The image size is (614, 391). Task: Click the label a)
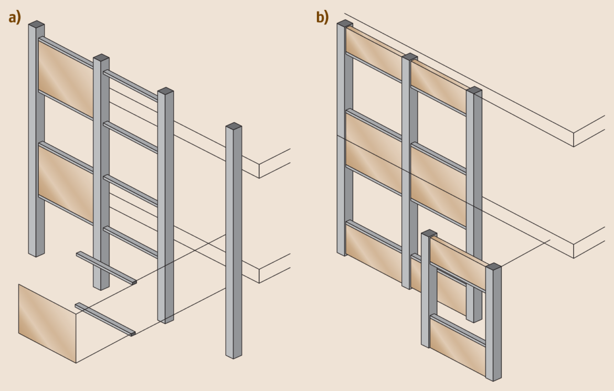pyautogui.click(x=15, y=17)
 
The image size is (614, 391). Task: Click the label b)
pyautogui.click(x=322, y=17)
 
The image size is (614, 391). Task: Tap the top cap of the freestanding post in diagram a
pyautogui.click(x=234, y=126)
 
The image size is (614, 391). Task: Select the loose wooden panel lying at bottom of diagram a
pyautogui.click(x=47, y=323)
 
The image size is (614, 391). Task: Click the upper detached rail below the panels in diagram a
pyautogui.click(x=107, y=268)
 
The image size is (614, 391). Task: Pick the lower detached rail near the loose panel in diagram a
pyautogui.click(x=105, y=319)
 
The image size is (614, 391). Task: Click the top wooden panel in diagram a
pyautogui.click(x=66, y=79)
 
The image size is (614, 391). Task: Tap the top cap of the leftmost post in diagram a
pyautogui.click(x=36, y=24)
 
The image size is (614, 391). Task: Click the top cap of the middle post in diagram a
pyautogui.click(x=101, y=57)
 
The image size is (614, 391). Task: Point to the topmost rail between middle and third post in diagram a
pyautogui.click(x=131, y=85)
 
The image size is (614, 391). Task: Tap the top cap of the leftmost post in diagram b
pyautogui.click(x=344, y=23)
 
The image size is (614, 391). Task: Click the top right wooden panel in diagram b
pyautogui.click(x=439, y=87)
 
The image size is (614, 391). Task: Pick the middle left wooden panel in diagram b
pyautogui.click(x=374, y=152)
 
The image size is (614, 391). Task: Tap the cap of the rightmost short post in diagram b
pyautogui.click(x=493, y=267)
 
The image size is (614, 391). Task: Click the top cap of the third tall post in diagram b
pyautogui.click(x=474, y=90)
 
